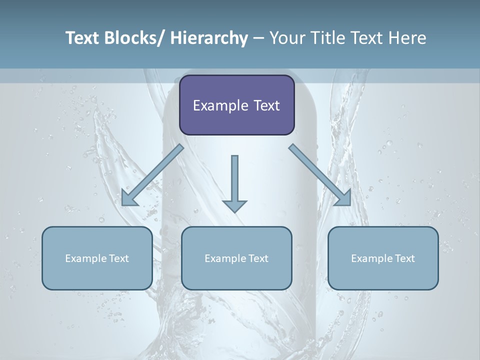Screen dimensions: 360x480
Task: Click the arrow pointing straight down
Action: [x=234, y=182]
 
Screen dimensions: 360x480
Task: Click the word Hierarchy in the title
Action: [x=209, y=38]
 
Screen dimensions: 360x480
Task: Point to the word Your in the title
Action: [x=286, y=38]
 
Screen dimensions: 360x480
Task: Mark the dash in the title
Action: [x=258, y=38]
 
